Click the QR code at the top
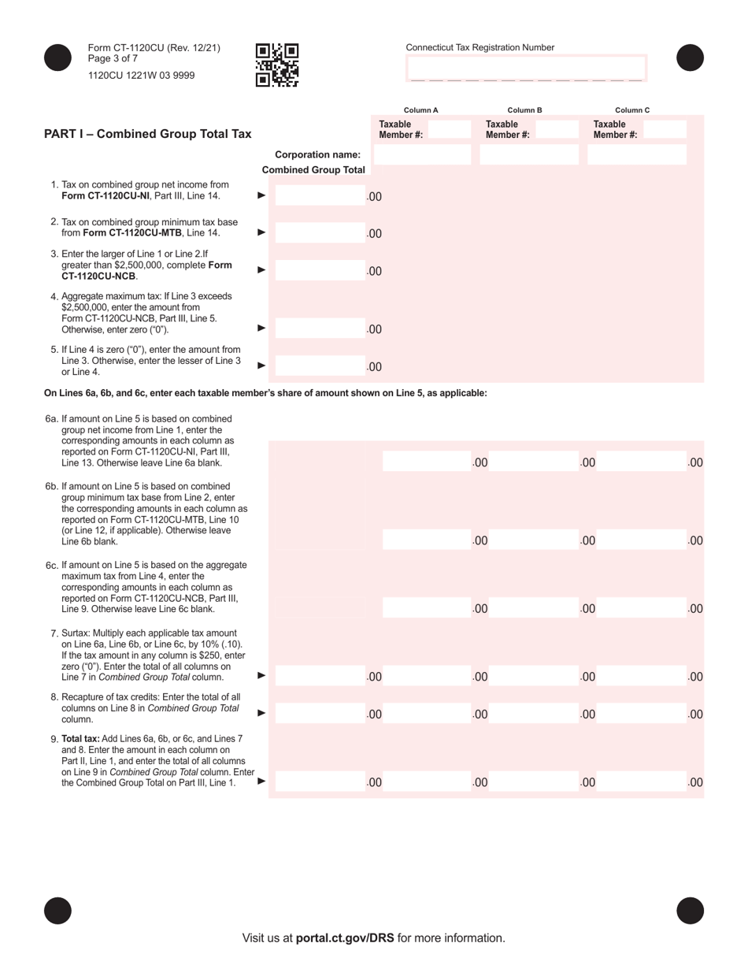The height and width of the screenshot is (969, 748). pos(277,65)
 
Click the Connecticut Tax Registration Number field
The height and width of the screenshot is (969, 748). pos(526,69)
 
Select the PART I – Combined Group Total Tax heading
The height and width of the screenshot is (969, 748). pos(148,134)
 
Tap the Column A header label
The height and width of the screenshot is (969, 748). pos(420,110)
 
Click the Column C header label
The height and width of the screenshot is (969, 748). pos(632,110)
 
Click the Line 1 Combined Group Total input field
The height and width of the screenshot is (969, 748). pos(320,196)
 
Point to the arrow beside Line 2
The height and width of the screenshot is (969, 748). pos(262,232)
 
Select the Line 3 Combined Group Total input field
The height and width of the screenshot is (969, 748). pos(320,271)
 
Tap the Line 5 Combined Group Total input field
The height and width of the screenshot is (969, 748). pos(320,366)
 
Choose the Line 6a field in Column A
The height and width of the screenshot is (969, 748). pos(426,462)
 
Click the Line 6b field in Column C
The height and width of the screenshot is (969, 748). pos(642,540)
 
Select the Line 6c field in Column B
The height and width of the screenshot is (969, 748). pos(534,608)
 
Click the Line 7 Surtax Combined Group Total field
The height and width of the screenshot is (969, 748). pos(320,676)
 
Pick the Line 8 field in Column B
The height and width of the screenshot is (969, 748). pos(534,714)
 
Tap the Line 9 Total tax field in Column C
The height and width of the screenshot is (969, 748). pos(642,782)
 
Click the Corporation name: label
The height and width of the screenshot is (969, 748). pos(317,154)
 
